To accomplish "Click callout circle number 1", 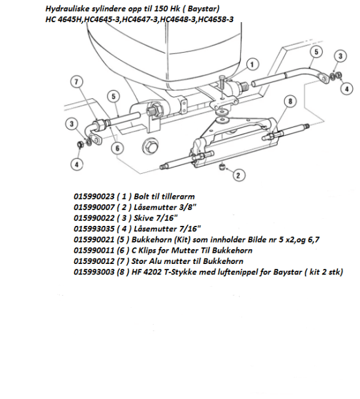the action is click(x=251, y=64).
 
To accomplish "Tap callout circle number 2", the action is click(x=238, y=176).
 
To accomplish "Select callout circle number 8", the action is click(x=290, y=101).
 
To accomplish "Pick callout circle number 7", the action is click(x=77, y=82).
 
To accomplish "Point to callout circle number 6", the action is click(x=117, y=148).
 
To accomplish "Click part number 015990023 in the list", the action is click(x=94, y=196).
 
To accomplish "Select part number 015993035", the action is click(x=94, y=229).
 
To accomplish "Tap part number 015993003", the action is click(x=94, y=272).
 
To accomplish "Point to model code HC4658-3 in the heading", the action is click(x=216, y=20).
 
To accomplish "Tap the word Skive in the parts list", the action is click(x=144, y=218).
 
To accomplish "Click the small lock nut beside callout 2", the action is click(x=222, y=167).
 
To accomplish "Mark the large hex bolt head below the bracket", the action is click(x=150, y=145).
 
